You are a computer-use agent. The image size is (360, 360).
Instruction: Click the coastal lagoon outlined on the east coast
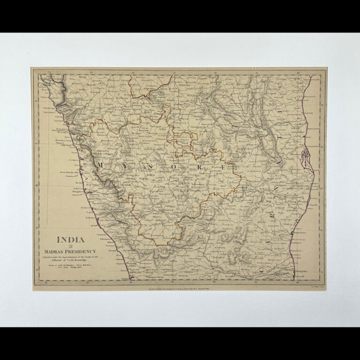coord(306,155)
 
